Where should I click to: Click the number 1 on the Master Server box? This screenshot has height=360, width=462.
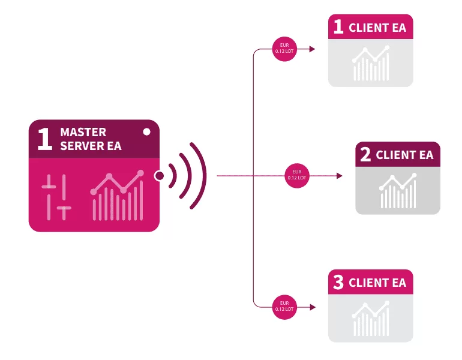click(45, 139)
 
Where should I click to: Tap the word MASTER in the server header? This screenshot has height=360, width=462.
click(83, 132)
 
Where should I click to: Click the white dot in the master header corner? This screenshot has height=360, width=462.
click(146, 131)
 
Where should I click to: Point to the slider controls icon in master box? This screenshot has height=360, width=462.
click(56, 197)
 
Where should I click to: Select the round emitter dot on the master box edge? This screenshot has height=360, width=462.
click(160, 176)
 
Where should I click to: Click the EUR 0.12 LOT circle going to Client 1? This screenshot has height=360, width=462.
click(284, 49)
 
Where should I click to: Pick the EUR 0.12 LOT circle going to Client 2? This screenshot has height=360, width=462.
click(297, 176)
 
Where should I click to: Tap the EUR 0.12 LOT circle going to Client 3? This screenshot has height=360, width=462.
click(284, 307)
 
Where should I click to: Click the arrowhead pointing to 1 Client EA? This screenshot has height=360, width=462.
click(313, 49)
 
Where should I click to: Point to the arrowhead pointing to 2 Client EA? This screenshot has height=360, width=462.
click(340, 176)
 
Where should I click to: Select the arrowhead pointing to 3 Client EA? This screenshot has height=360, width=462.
click(313, 307)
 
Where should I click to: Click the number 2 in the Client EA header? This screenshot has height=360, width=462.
click(365, 154)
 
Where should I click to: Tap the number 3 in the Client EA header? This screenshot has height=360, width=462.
click(338, 282)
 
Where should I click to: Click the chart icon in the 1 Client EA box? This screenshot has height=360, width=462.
click(371, 63)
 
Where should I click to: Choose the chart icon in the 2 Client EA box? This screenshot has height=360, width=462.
click(398, 191)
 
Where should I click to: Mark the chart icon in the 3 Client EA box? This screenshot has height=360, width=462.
click(371, 319)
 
